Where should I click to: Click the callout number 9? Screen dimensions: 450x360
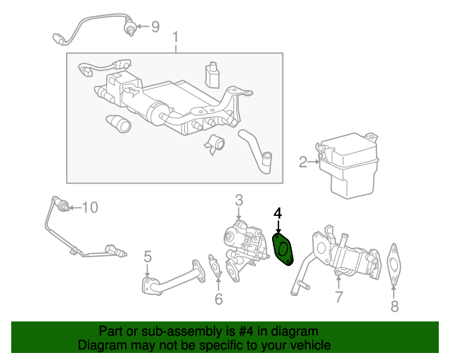[155, 27]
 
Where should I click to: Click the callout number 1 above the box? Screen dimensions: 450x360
[175, 38]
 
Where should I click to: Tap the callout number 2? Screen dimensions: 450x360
[303, 162]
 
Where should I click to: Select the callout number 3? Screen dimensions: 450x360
[239, 200]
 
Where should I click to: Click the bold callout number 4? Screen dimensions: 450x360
[278, 214]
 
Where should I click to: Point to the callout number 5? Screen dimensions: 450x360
[148, 257]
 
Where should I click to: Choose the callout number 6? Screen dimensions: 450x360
[219, 299]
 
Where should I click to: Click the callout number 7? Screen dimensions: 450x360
[339, 297]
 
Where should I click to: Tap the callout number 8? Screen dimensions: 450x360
[394, 307]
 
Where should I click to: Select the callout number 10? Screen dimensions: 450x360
[90, 207]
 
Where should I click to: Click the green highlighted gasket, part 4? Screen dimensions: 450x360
[283, 249]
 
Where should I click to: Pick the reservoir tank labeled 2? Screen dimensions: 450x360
[348, 165]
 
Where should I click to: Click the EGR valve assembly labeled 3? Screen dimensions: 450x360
[245, 249]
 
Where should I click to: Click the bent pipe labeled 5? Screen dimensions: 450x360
[174, 278]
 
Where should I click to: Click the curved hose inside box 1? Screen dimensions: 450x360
[255, 152]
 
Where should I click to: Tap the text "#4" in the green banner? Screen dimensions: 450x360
[246, 331]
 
